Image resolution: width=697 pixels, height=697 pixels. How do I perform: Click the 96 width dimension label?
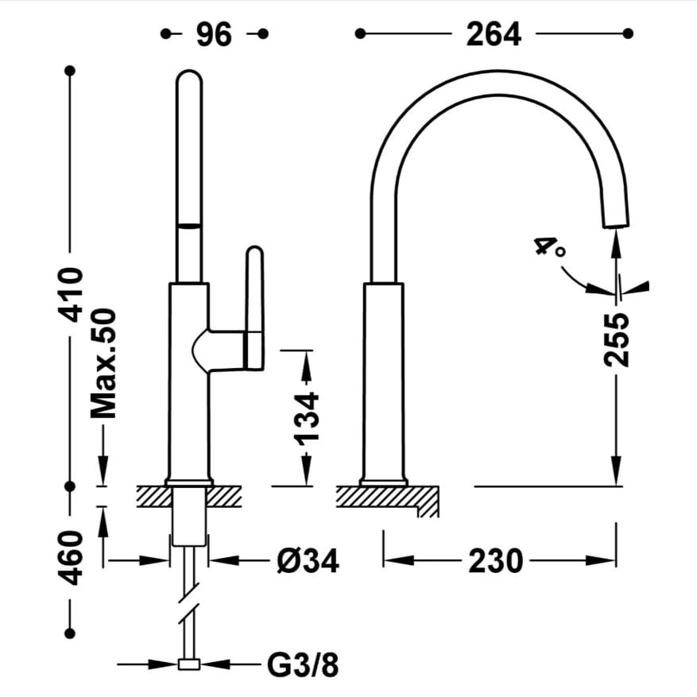coord(214,34)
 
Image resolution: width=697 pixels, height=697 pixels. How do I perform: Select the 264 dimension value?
coord(494,34)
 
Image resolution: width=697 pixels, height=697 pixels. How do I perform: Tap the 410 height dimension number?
coord(71,294)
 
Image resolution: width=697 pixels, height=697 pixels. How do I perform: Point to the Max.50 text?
coord(103,363)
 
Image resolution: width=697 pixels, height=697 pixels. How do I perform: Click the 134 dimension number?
coord(307,418)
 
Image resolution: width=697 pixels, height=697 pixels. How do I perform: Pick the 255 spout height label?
coord(617,340)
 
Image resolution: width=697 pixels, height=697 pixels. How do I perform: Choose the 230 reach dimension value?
coord(496,561)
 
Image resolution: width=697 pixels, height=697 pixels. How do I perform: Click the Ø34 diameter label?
coord(308,560)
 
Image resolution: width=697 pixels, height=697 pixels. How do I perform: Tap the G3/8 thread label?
coord(303,665)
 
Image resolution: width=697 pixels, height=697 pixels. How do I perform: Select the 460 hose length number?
coord(71,557)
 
